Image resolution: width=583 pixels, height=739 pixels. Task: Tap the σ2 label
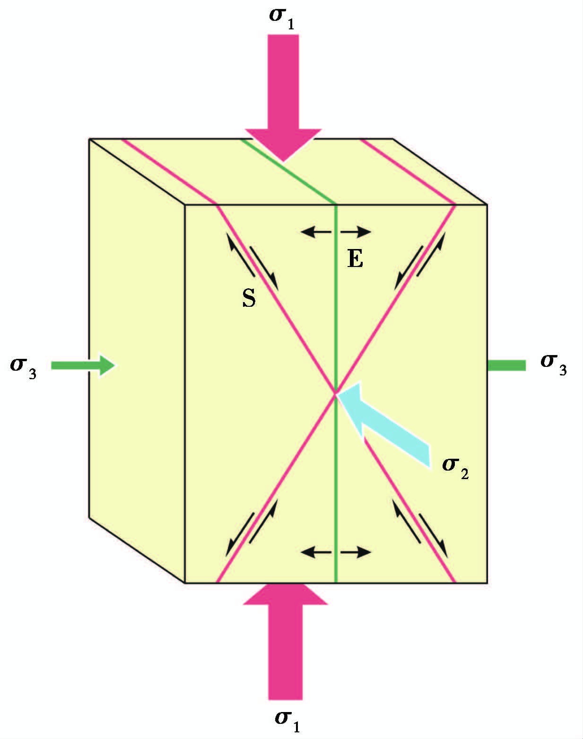tap(455, 467)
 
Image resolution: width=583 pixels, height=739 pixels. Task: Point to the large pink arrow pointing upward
tap(285, 639)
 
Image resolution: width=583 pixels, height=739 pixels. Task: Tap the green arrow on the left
tap(83, 365)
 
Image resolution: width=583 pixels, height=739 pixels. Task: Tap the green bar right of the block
tap(506, 365)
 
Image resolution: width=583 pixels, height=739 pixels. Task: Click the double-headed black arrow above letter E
tap(336, 232)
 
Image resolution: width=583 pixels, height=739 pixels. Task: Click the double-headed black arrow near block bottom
tap(336, 552)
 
